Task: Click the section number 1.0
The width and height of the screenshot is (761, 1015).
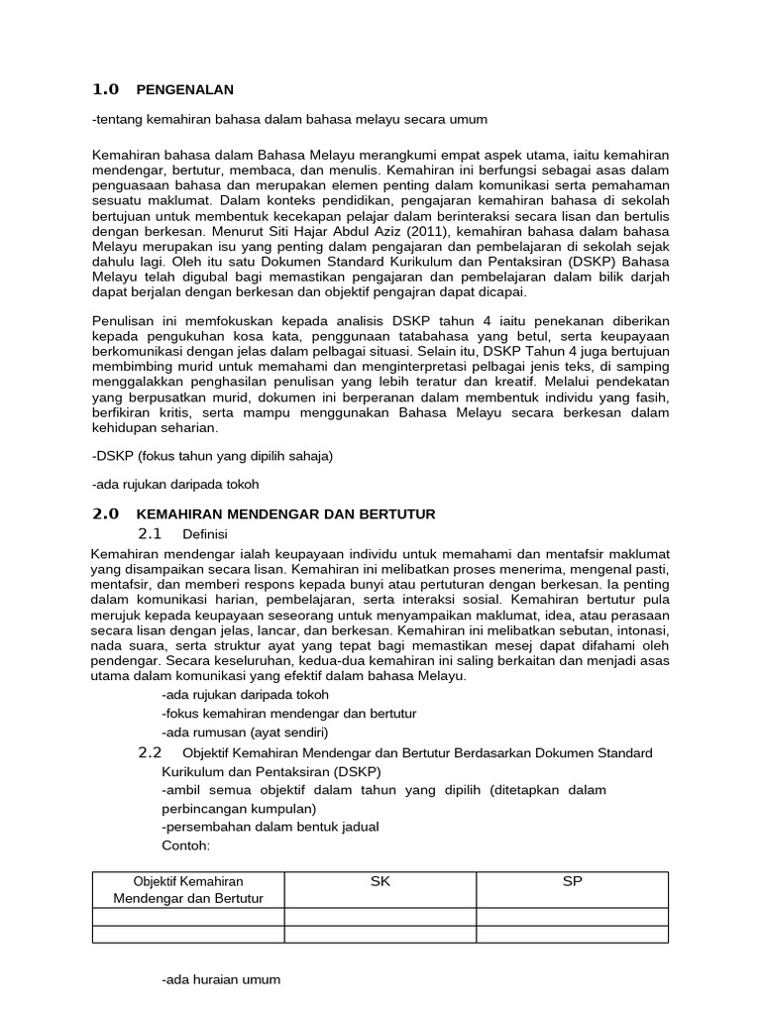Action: click(105, 89)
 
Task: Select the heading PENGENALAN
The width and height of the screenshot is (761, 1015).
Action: click(184, 90)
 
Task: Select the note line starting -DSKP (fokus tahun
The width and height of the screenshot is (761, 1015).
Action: click(212, 456)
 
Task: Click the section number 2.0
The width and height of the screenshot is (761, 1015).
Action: click(105, 513)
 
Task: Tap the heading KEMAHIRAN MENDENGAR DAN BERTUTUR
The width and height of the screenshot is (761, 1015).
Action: click(285, 514)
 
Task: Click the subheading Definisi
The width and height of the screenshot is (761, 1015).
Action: click(205, 534)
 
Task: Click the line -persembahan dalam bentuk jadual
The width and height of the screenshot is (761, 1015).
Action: click(270, 827)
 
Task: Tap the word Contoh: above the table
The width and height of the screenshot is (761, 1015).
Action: click(186, 846)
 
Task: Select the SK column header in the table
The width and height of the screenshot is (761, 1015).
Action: click(380, 881)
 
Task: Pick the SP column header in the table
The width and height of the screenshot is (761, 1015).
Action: click(572, 881)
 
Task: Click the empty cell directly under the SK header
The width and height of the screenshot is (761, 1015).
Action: click(380, 917)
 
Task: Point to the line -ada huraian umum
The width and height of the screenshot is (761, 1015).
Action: click(220, 979)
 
